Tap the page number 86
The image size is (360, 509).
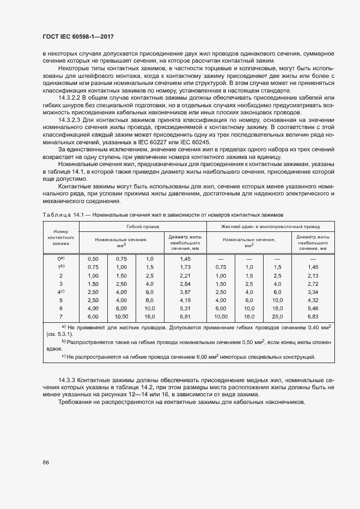pyautogui.click(x=45, y=463)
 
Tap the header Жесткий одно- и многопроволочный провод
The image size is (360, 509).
pyautogui.click(x=270, y=226)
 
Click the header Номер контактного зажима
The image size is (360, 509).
pyautogui.click(x=60, y=237)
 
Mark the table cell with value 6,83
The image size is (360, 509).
pyautogui.click(x=313, y=316)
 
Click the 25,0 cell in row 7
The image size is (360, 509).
pyautogui.click(x=277, y=316)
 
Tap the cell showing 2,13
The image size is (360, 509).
pyautogui.click(x=313, y=275)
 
